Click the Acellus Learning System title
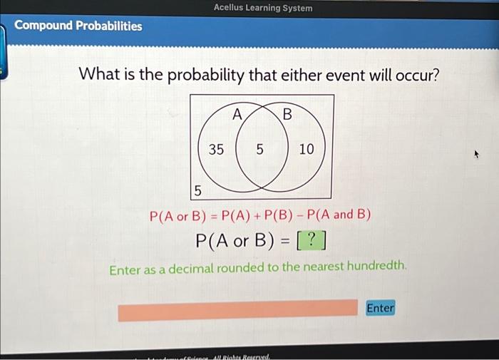click(262, 8)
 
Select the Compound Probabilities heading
click(78, 26)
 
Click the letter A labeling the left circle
click(237, 114)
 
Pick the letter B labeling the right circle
click(287, 114)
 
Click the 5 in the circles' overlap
click(259, 149)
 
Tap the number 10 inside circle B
click(306, 149)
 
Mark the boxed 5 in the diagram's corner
click(198, 190)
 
